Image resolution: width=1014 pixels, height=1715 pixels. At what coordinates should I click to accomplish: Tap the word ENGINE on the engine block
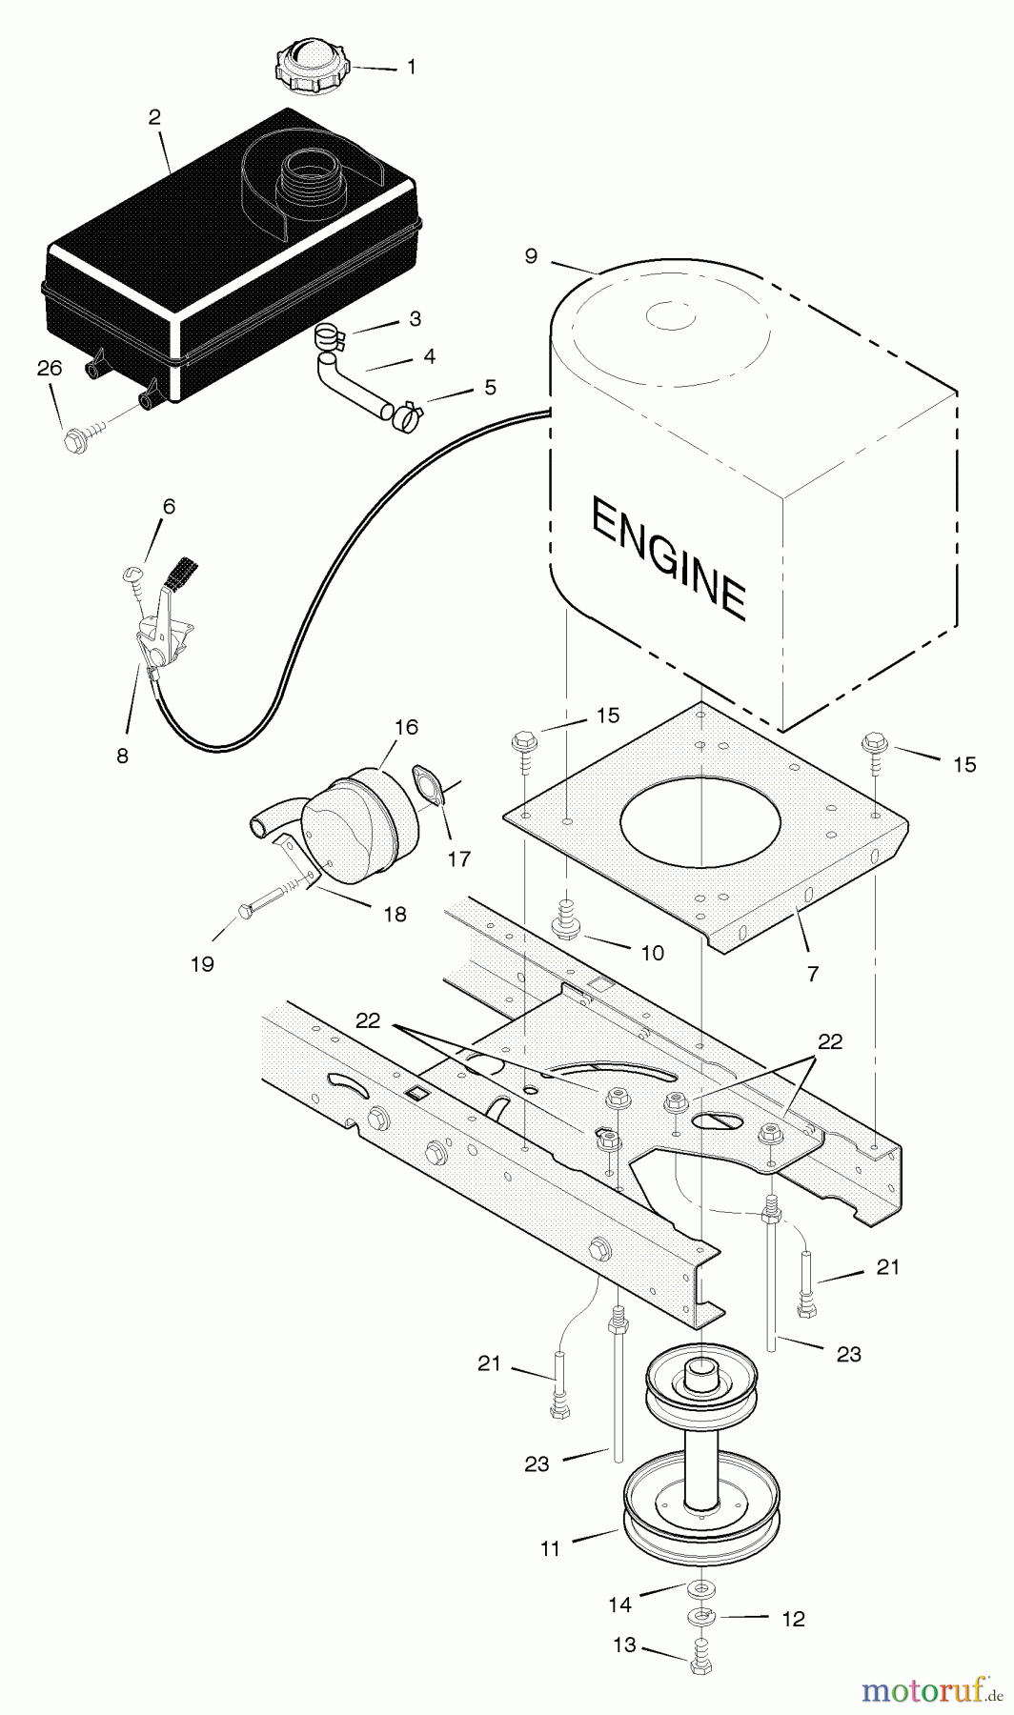(667, 556)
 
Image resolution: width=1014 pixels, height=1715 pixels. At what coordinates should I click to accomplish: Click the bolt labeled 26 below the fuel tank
(75, 440)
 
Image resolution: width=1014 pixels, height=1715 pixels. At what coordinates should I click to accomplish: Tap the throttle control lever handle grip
(180, 572)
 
